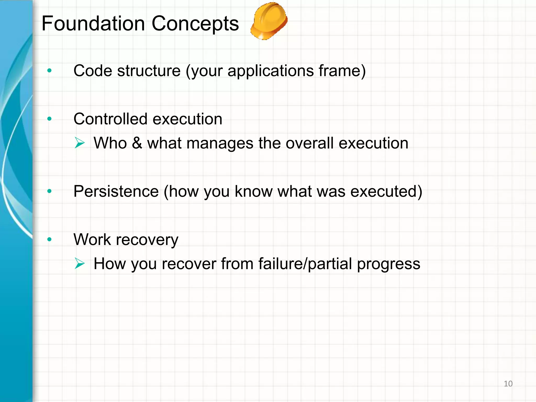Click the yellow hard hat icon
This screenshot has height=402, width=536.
(269, 21)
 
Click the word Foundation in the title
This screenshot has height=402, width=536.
(93, 24)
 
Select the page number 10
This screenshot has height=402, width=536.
(508, 384)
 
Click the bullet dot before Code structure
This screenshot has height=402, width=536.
(49, 70)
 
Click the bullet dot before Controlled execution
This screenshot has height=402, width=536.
(49, 119)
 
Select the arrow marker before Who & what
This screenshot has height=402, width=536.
(79, 143)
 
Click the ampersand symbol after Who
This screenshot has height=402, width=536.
(137, 143)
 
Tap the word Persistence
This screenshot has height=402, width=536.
(116, 191)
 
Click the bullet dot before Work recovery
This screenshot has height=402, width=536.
(49, 239)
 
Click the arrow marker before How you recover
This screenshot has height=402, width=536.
(79, 263)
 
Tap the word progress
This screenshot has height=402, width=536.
(389, 264)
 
